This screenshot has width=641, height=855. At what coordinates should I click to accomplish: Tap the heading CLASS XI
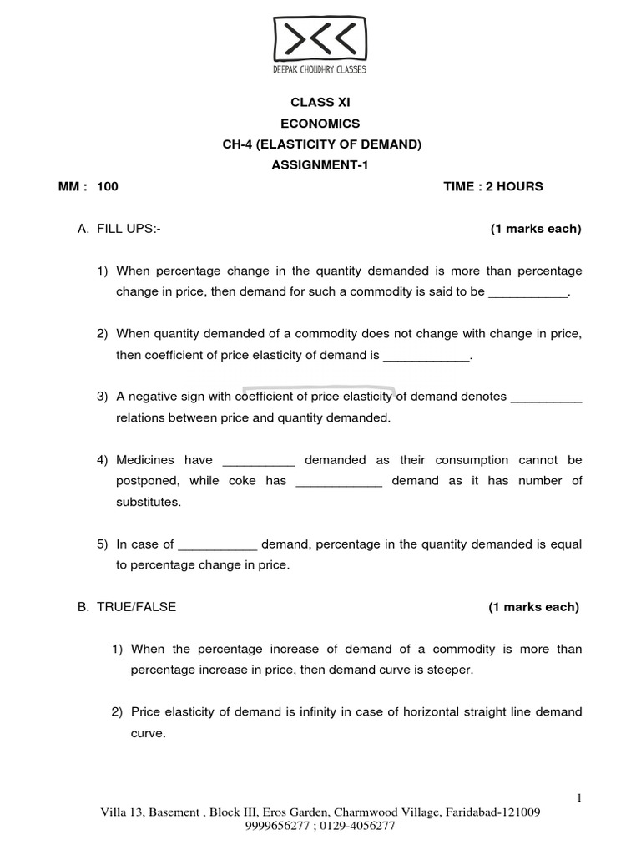pyautogui.click(x=321, y=102)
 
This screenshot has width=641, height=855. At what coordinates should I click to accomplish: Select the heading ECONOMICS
pyautogui.click(x=321, y=124)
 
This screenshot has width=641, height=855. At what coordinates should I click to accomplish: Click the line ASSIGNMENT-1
pyautogui.click(x=321, y=165)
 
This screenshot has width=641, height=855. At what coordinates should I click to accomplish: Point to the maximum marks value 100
pyautogui.click(x=108, y=187)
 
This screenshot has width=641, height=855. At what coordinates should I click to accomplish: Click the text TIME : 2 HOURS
pyautogui.click(x=492, y=187)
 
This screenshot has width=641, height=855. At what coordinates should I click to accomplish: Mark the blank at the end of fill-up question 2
pyautogui.click(x=426, y=356)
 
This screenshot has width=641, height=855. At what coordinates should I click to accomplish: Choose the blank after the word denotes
pyautogui.click(x=546, y=397)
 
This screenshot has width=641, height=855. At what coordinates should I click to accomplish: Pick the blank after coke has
pyautogui.click(x=339, y=482)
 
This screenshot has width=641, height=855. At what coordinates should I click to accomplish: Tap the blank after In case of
pyautogui.click(x=218, y=544)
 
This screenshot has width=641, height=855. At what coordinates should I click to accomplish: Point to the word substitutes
pyautogui.click(x=148, y=503)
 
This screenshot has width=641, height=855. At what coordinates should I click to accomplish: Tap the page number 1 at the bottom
pyautogui.click(x=579, y=799)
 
